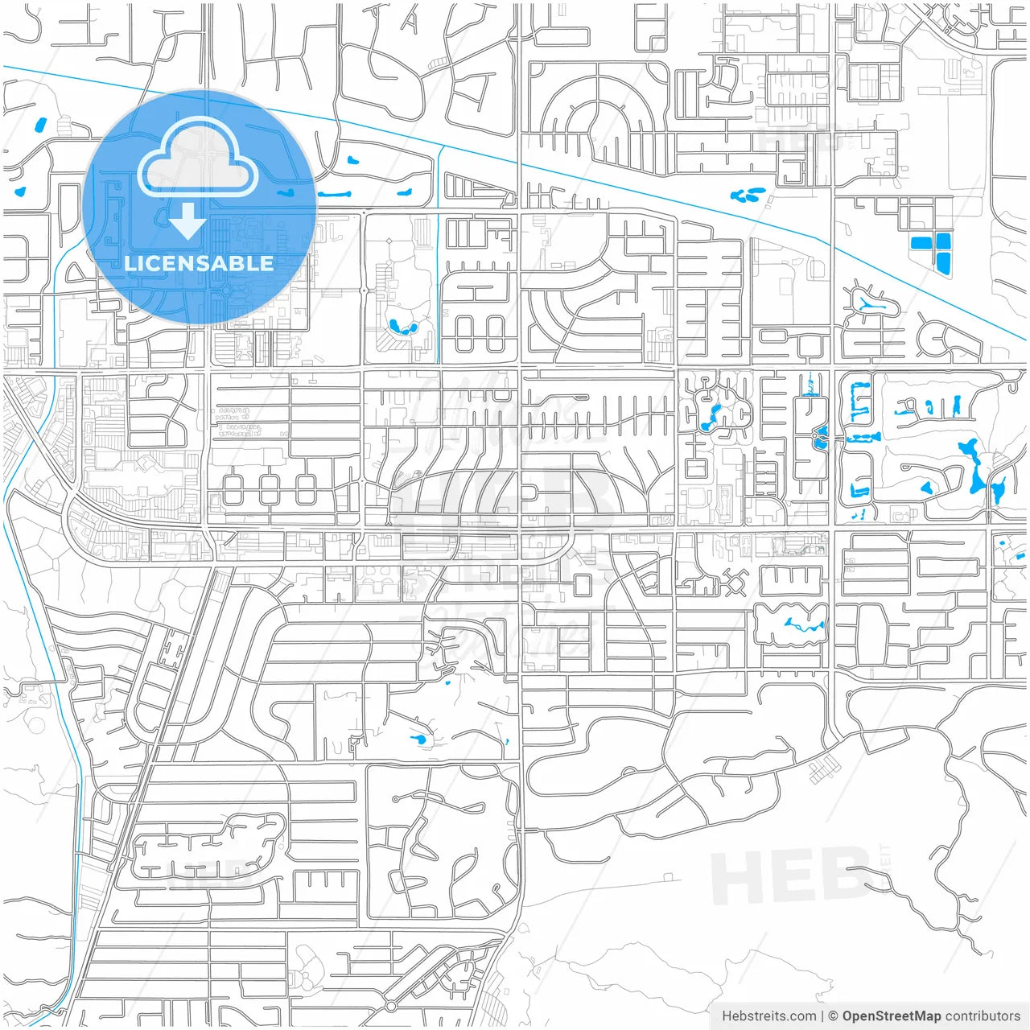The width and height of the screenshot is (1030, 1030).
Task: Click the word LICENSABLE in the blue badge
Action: click(x=199, y=263)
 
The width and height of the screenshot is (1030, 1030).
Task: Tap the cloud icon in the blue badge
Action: click(x=198, y=161)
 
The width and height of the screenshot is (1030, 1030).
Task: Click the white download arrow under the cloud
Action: click(x=187, y=220)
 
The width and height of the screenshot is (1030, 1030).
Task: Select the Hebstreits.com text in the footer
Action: click(x=768, y=1016)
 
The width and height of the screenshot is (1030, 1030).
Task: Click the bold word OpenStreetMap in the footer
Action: click(x=892, y=1016)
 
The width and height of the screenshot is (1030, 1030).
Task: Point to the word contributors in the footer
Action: click(x=983, y=1016)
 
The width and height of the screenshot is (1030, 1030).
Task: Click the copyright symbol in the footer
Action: click(x=834, y=1016)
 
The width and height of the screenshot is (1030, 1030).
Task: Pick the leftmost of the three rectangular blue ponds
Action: click(x=919, y=242)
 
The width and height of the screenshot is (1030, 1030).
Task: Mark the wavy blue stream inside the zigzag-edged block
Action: click(x=792, y=623)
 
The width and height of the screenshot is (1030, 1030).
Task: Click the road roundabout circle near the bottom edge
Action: click(x=391, y=1007)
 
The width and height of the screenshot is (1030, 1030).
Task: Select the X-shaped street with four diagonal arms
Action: click(x=734, y=581)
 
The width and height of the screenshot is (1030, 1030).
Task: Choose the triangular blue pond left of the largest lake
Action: click(x=927, y=487)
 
